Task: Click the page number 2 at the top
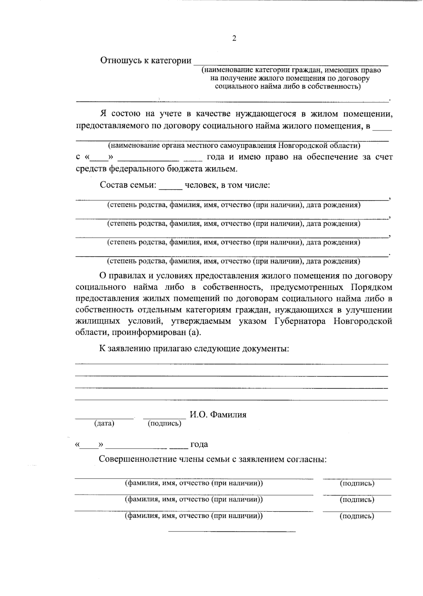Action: coord(234,38)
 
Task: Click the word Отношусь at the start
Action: coord(120,61)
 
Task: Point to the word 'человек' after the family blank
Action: coord(201,185)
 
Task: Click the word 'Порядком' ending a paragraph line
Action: coord(372,287)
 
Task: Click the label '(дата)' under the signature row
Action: coord(104,423)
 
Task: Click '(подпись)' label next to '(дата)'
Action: coord(164,423)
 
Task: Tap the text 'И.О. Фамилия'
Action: coord(218,414)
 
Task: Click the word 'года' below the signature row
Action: coord(199,444)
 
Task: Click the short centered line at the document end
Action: coord(232,531)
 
